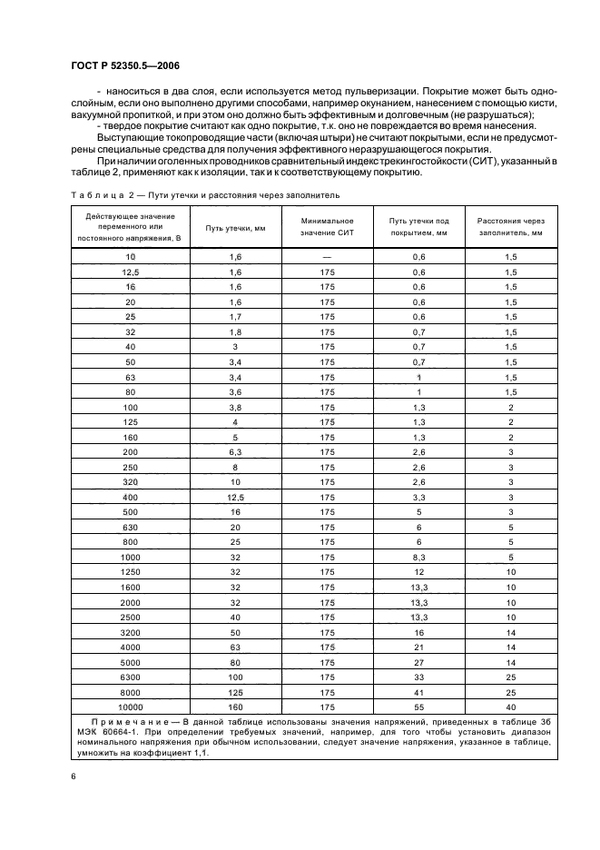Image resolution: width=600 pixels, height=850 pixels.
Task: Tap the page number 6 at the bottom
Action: pos(73,776)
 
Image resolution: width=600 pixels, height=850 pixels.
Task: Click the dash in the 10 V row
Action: pos(327,258)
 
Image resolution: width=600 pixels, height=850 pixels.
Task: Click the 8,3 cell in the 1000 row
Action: pos(418,556)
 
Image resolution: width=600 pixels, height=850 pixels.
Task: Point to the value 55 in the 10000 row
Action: pos(418,706)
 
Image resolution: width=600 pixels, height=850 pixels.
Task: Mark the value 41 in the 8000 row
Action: pos(418,691)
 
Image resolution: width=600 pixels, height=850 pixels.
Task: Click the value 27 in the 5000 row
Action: pos(418,661)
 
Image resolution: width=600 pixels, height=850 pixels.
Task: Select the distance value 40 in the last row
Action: pos(511,706)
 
